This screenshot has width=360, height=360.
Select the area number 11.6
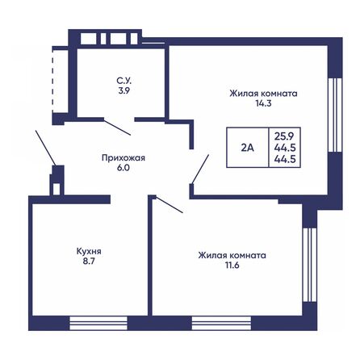[x=232, y=266]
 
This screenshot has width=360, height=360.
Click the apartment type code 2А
[x=246, y=148]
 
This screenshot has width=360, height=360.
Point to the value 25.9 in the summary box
[x=283, y=135]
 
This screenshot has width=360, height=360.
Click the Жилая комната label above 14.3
[x=262, y=94]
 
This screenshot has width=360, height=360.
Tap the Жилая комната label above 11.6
[x=232, y=254]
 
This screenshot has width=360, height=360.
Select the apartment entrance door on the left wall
[x=44, y=147]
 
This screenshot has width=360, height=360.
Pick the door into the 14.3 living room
[x=199, y=168]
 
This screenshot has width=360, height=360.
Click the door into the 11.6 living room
[x=168, y=203]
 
